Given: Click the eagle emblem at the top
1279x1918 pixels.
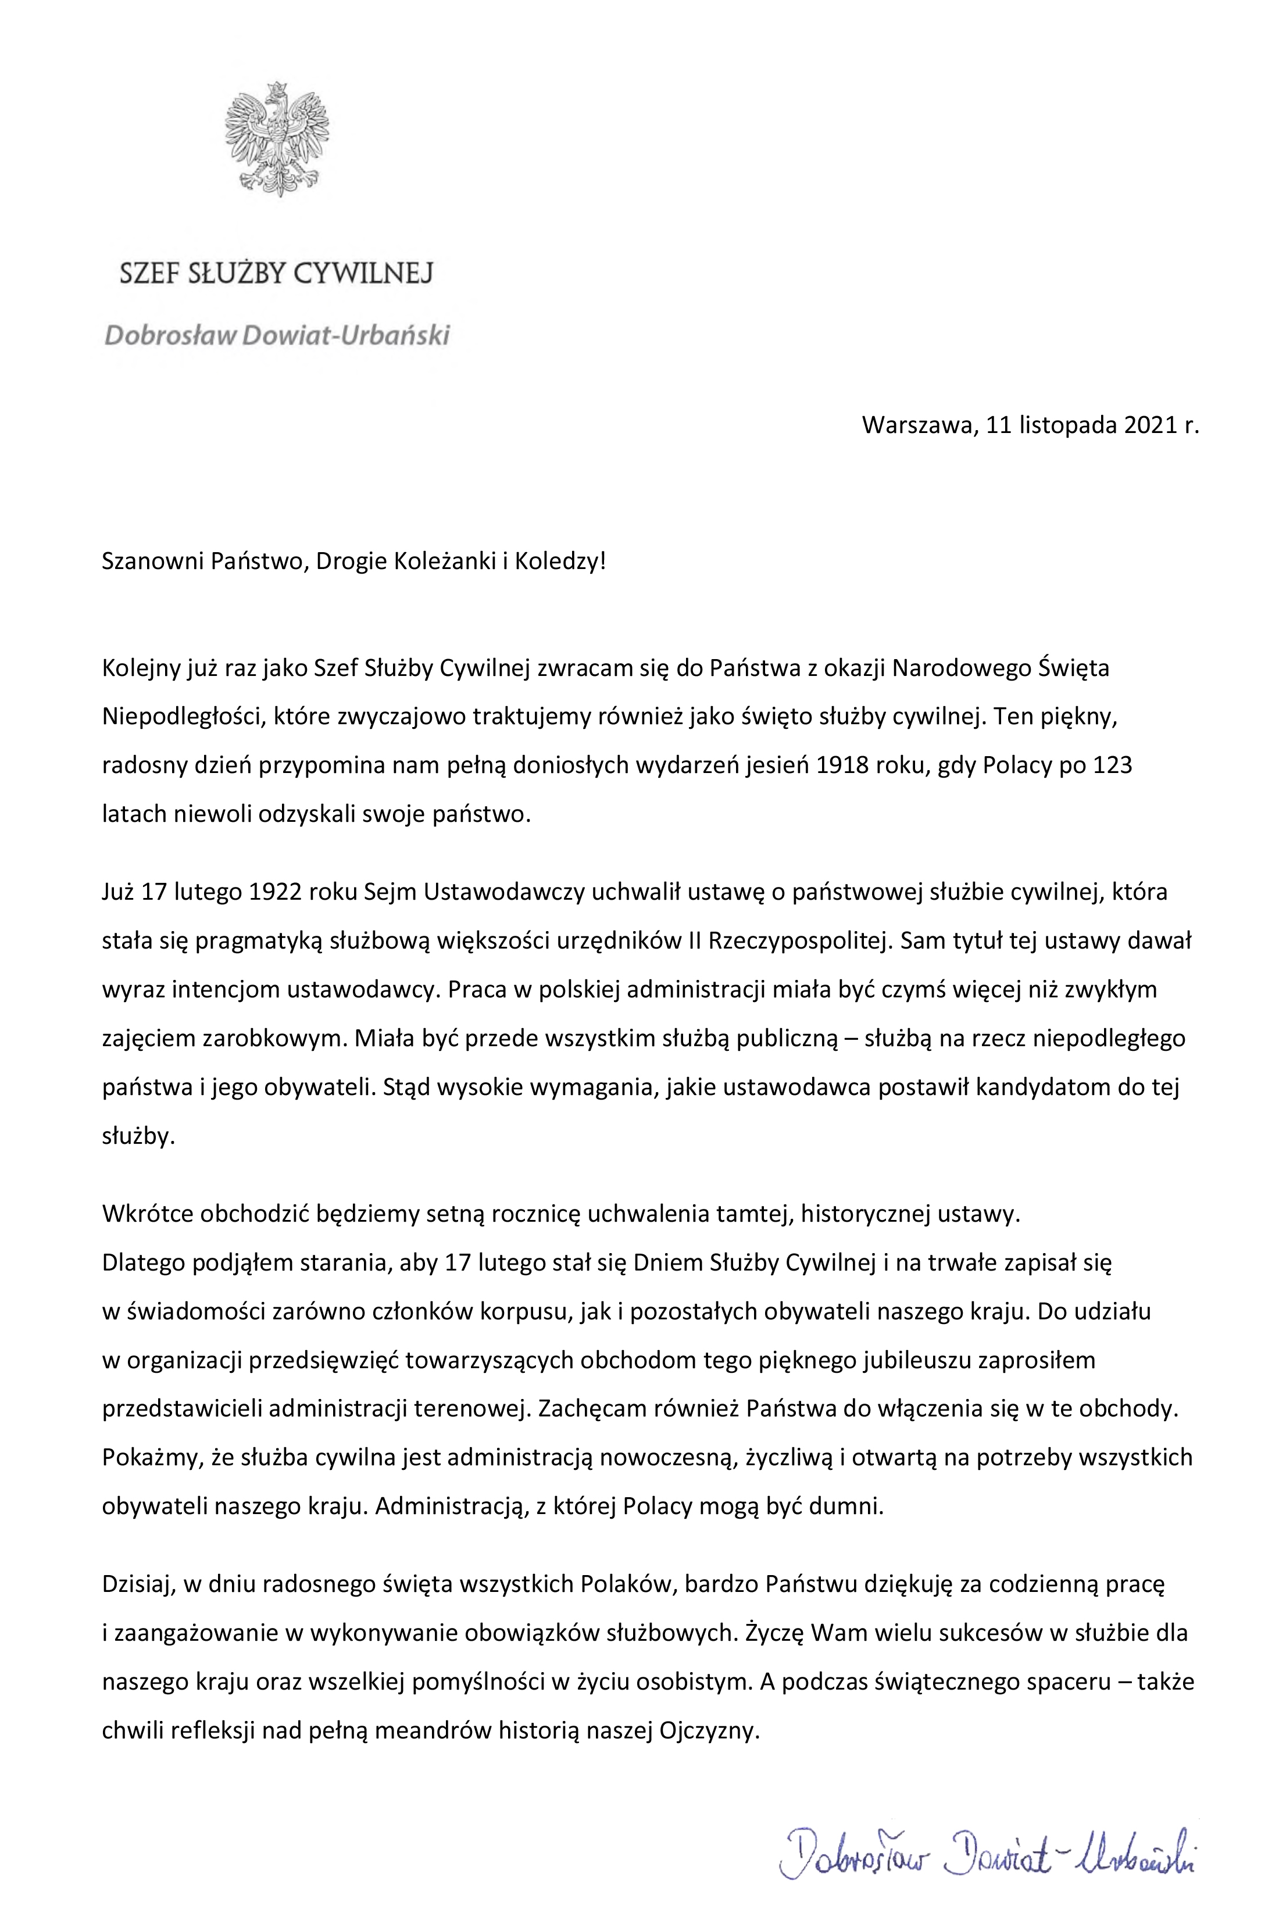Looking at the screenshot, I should click(277, 139).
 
